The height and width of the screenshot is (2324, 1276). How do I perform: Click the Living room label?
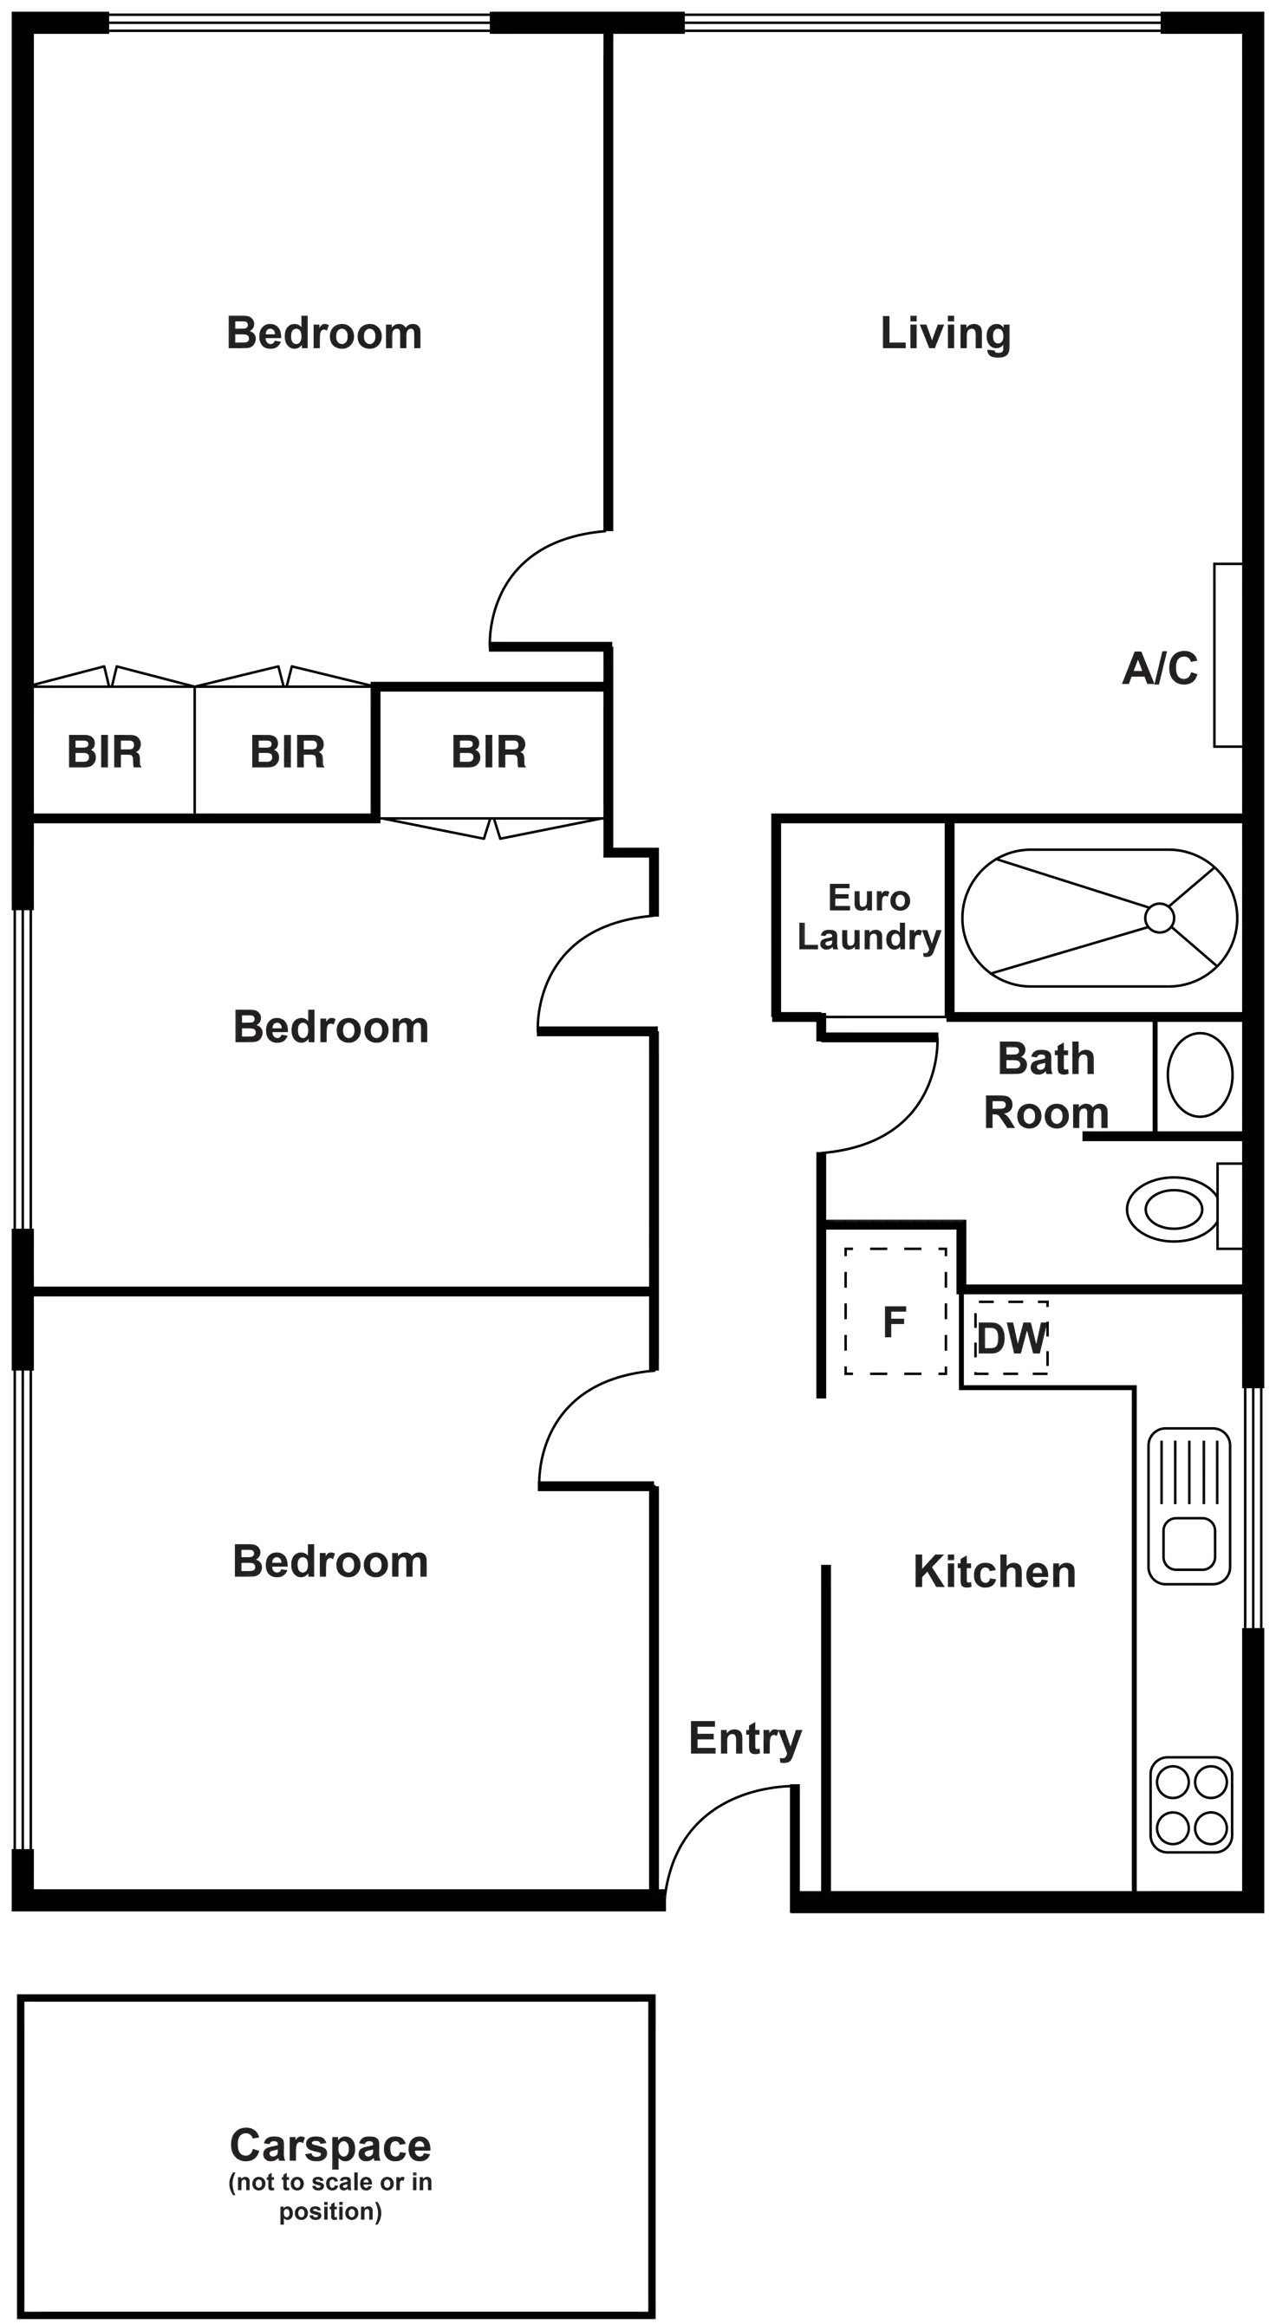[945, 334]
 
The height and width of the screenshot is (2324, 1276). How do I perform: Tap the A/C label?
[1160, 668]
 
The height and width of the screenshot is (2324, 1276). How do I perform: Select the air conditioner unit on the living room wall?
[1227, 655]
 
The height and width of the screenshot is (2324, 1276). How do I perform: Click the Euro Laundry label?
[869, 918]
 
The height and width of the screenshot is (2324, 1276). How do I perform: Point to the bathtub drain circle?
[1160, 918]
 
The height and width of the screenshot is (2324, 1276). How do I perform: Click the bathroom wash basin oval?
[1200, 1074]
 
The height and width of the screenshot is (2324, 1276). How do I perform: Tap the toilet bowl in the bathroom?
[1173, 1208]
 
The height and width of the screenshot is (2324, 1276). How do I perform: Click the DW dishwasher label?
[1012, 1339]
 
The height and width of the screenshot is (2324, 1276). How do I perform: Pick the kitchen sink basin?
[1188, 1543]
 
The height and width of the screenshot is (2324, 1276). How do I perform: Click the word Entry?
[745, 1738]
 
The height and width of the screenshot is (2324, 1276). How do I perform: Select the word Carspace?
[330, 2145]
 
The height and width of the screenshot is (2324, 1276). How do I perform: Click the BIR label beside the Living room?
[488, 751]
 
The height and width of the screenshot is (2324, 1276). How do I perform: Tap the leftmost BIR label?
[105, 751]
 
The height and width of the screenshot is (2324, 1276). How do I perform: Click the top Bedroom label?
[324, 334]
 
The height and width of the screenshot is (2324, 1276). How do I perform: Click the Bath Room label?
[1046, 1086]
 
